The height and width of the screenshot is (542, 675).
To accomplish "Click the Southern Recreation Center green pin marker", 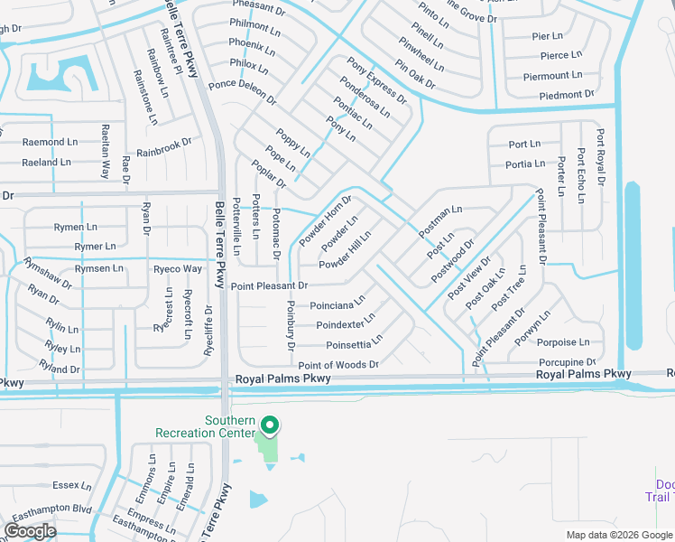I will [x=269, y=424].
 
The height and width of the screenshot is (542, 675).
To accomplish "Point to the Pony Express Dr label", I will [x=370, y=76].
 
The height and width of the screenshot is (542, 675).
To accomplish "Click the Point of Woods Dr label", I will [x=337, y=364].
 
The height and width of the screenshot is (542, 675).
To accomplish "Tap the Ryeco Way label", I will [x=178, y=269].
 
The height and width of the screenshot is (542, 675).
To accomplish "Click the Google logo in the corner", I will [x=30, y=530].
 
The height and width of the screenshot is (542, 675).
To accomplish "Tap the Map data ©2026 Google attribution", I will [x=620, y=535].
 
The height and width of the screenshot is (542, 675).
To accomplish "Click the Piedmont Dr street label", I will [x=566, y=95].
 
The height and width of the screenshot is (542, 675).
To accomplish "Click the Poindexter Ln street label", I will [x=347, y=324].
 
